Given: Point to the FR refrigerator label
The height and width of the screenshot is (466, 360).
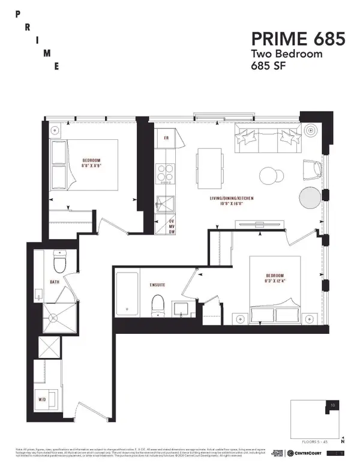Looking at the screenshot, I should pos(164,138).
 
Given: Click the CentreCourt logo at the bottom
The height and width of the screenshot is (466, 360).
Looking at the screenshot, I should pos(307,453).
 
